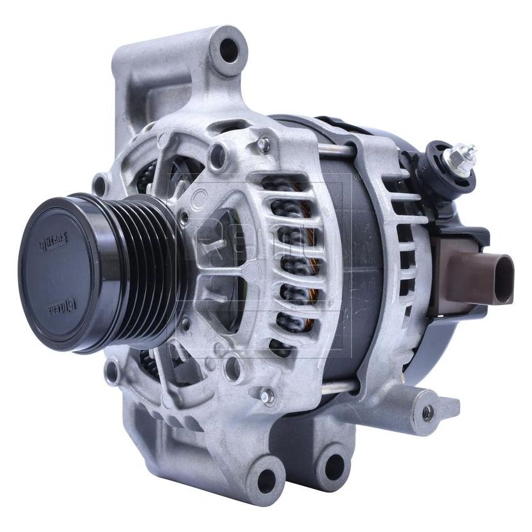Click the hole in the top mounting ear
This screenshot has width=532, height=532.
point(229,49)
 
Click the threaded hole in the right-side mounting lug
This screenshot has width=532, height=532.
point(427,412)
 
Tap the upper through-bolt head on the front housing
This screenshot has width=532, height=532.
point(263,145)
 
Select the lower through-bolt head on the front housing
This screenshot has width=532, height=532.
point(267,395)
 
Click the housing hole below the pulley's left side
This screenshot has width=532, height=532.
point(113,373)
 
